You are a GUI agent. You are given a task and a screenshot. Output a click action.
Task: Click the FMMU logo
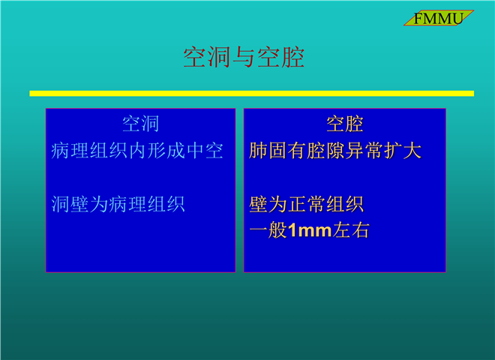pos(439,18)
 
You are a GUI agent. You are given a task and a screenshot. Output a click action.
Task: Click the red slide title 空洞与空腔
pos(244,57)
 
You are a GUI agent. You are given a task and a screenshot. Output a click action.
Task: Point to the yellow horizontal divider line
pos(251,94)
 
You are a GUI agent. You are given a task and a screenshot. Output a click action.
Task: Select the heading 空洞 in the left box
pos(140,124)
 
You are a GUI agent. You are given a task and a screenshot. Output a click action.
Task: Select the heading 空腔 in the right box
pos(345,124)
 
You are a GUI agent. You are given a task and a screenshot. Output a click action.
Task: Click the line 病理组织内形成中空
pos(137,151)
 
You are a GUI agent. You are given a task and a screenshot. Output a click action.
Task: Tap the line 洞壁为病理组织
pos(118,204)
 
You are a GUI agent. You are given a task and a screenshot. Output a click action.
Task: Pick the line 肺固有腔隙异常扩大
pos(335,151)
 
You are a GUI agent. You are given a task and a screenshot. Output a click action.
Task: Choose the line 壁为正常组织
pos(306,204)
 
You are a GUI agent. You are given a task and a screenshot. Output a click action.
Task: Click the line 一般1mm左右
pos(309,230)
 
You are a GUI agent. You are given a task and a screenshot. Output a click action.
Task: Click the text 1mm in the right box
pos(309,230)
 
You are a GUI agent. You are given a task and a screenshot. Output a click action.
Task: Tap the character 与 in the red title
pos(244,57)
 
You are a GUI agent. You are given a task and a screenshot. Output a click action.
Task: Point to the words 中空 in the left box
pos(205,151)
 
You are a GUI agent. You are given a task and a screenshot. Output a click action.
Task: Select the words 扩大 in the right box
pos(403,151)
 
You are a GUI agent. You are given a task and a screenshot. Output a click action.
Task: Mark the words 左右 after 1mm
pos(351,230)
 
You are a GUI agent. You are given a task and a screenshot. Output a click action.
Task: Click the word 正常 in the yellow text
pos(306,204)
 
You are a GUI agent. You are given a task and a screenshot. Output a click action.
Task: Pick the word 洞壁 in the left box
pos(70,204)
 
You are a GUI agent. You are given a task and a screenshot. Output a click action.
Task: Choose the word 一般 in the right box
pos(268,230)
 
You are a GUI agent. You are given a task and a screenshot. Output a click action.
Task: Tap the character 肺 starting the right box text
pos(258,151)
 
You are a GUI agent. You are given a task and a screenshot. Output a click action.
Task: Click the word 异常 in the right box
pos(364,151)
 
